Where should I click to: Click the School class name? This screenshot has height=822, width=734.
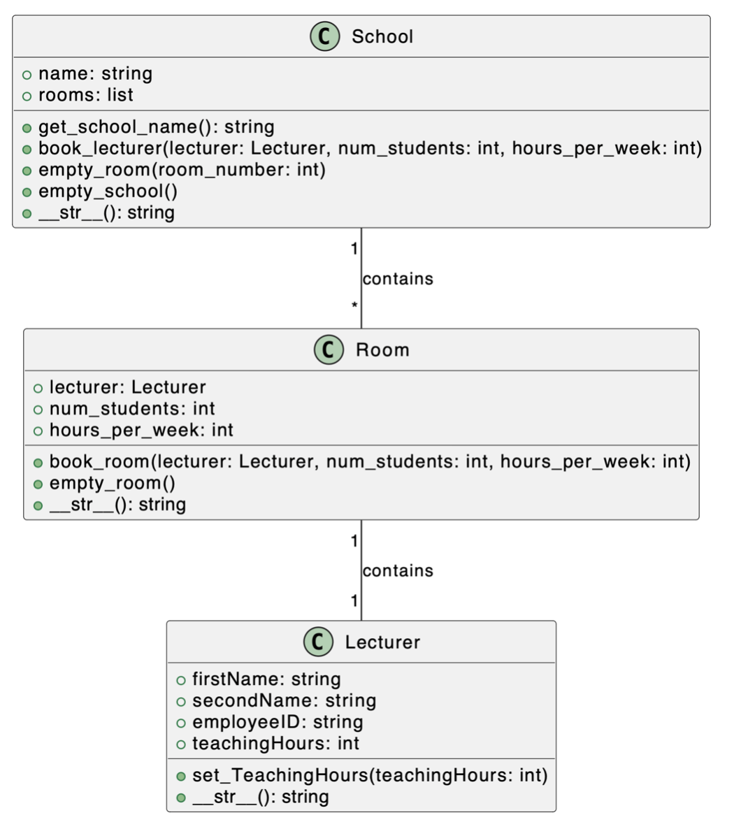[x=382, y=36]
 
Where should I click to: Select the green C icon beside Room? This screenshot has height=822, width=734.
[x=329, y=349]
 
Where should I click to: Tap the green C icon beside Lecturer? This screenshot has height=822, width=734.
[x=318, y=642]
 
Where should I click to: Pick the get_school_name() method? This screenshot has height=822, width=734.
[x=156, y=127]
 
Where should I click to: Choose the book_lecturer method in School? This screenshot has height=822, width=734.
[x=370, y=148]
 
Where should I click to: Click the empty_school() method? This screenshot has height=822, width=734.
[x=108, y=191]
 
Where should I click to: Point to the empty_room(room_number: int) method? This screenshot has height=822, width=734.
[x=182, y=170]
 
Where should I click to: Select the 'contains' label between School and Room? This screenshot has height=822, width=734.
[x=398, y=279]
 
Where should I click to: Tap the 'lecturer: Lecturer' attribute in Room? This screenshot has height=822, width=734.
[x=127, y=387]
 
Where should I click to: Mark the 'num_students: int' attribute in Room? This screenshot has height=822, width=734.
[x=132, y=409]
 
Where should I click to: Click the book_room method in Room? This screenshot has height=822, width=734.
[x=369, y=461]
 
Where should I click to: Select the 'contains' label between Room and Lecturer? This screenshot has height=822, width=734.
[x=398, y=571]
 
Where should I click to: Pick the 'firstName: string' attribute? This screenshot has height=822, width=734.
[x=266, y=679]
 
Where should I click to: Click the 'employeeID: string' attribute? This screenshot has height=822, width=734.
[x=277, y=722]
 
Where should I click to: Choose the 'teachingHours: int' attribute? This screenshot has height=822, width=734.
[x=275, y=744]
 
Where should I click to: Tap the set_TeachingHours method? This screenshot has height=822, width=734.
[x=370, y=775]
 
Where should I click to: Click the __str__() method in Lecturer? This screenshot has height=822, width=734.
[x=260, y=797]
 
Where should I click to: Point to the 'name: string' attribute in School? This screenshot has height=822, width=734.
[x=95, y=74]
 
